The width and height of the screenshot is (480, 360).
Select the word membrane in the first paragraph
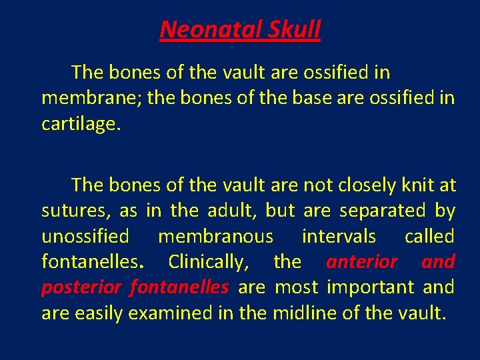(91, 98)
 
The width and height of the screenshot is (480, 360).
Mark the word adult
(229, 211)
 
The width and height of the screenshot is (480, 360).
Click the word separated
(383, 211)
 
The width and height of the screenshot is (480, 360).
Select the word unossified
(85, 237)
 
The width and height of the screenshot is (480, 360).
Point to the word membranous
(215, 237)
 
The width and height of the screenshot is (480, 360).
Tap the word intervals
(339, 237)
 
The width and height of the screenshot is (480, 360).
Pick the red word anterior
(361, 262)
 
